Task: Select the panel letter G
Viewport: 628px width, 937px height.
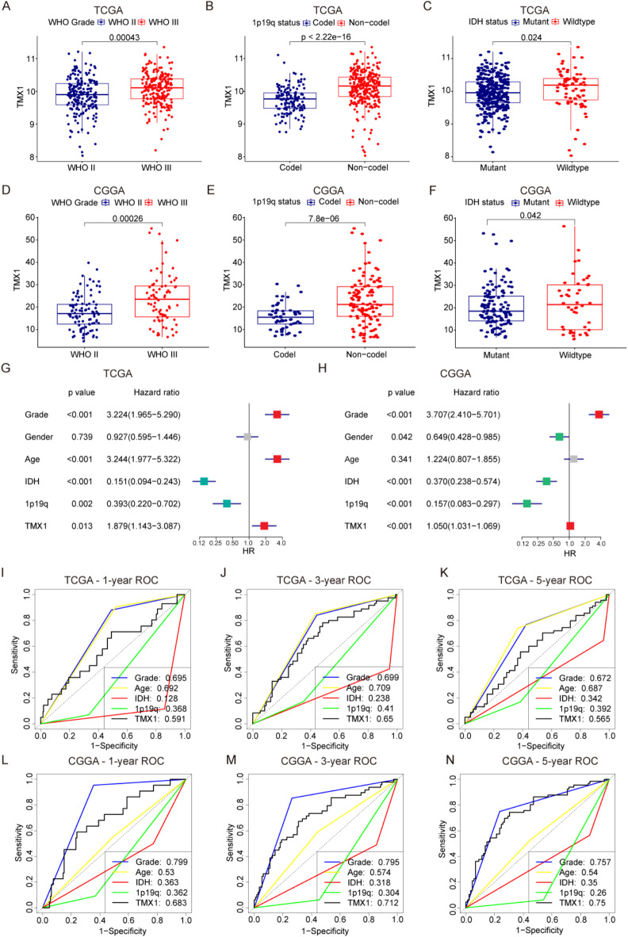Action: tap(7, 372)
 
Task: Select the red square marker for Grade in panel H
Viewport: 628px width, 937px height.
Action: tap(599, 414)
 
